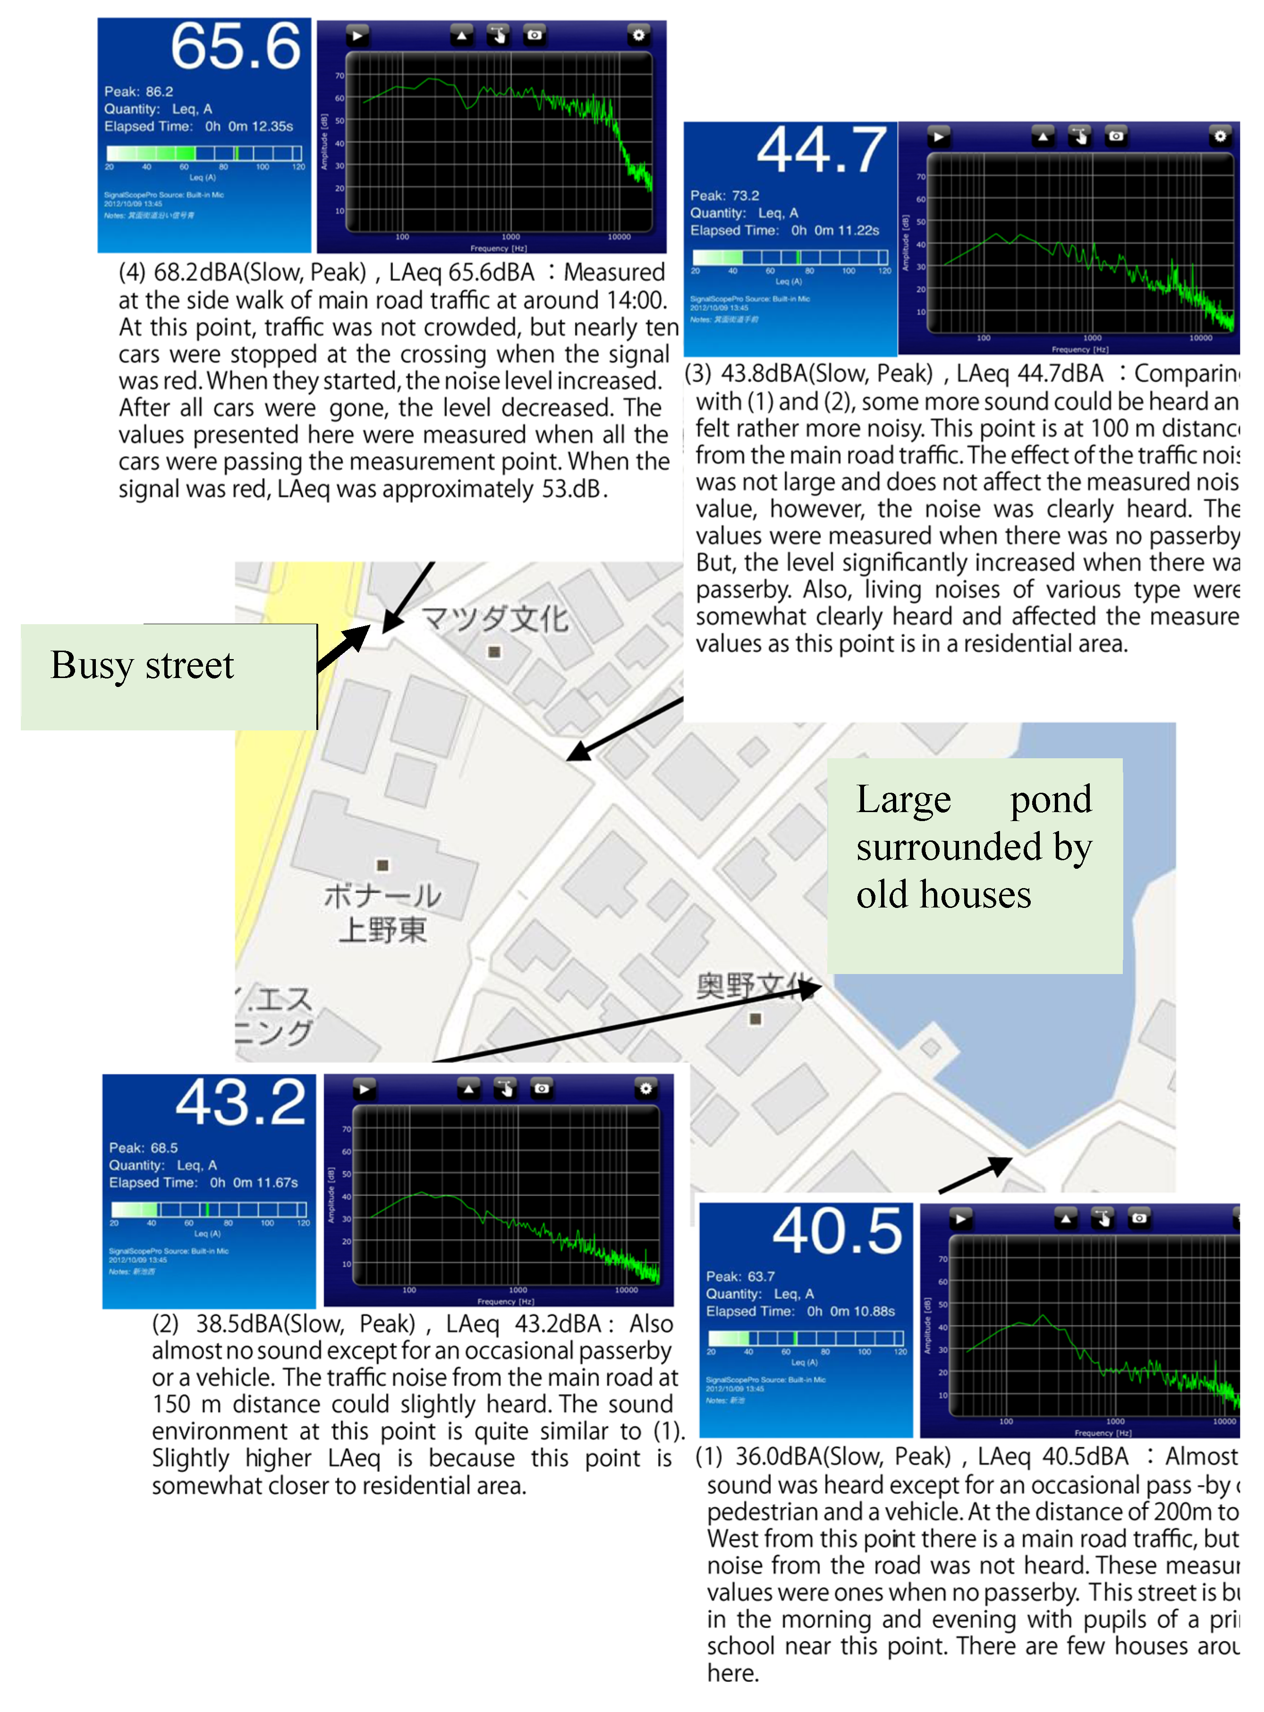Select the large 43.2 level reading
[240, 1103]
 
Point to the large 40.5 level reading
[837, 1232]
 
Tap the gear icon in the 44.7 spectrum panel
[1220, 136]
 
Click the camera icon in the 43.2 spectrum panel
[542, 1088]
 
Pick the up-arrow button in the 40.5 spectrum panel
[1065, 1218]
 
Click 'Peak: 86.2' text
[138, 92]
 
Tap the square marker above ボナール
[382, 865]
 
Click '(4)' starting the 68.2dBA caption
[132, 272]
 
